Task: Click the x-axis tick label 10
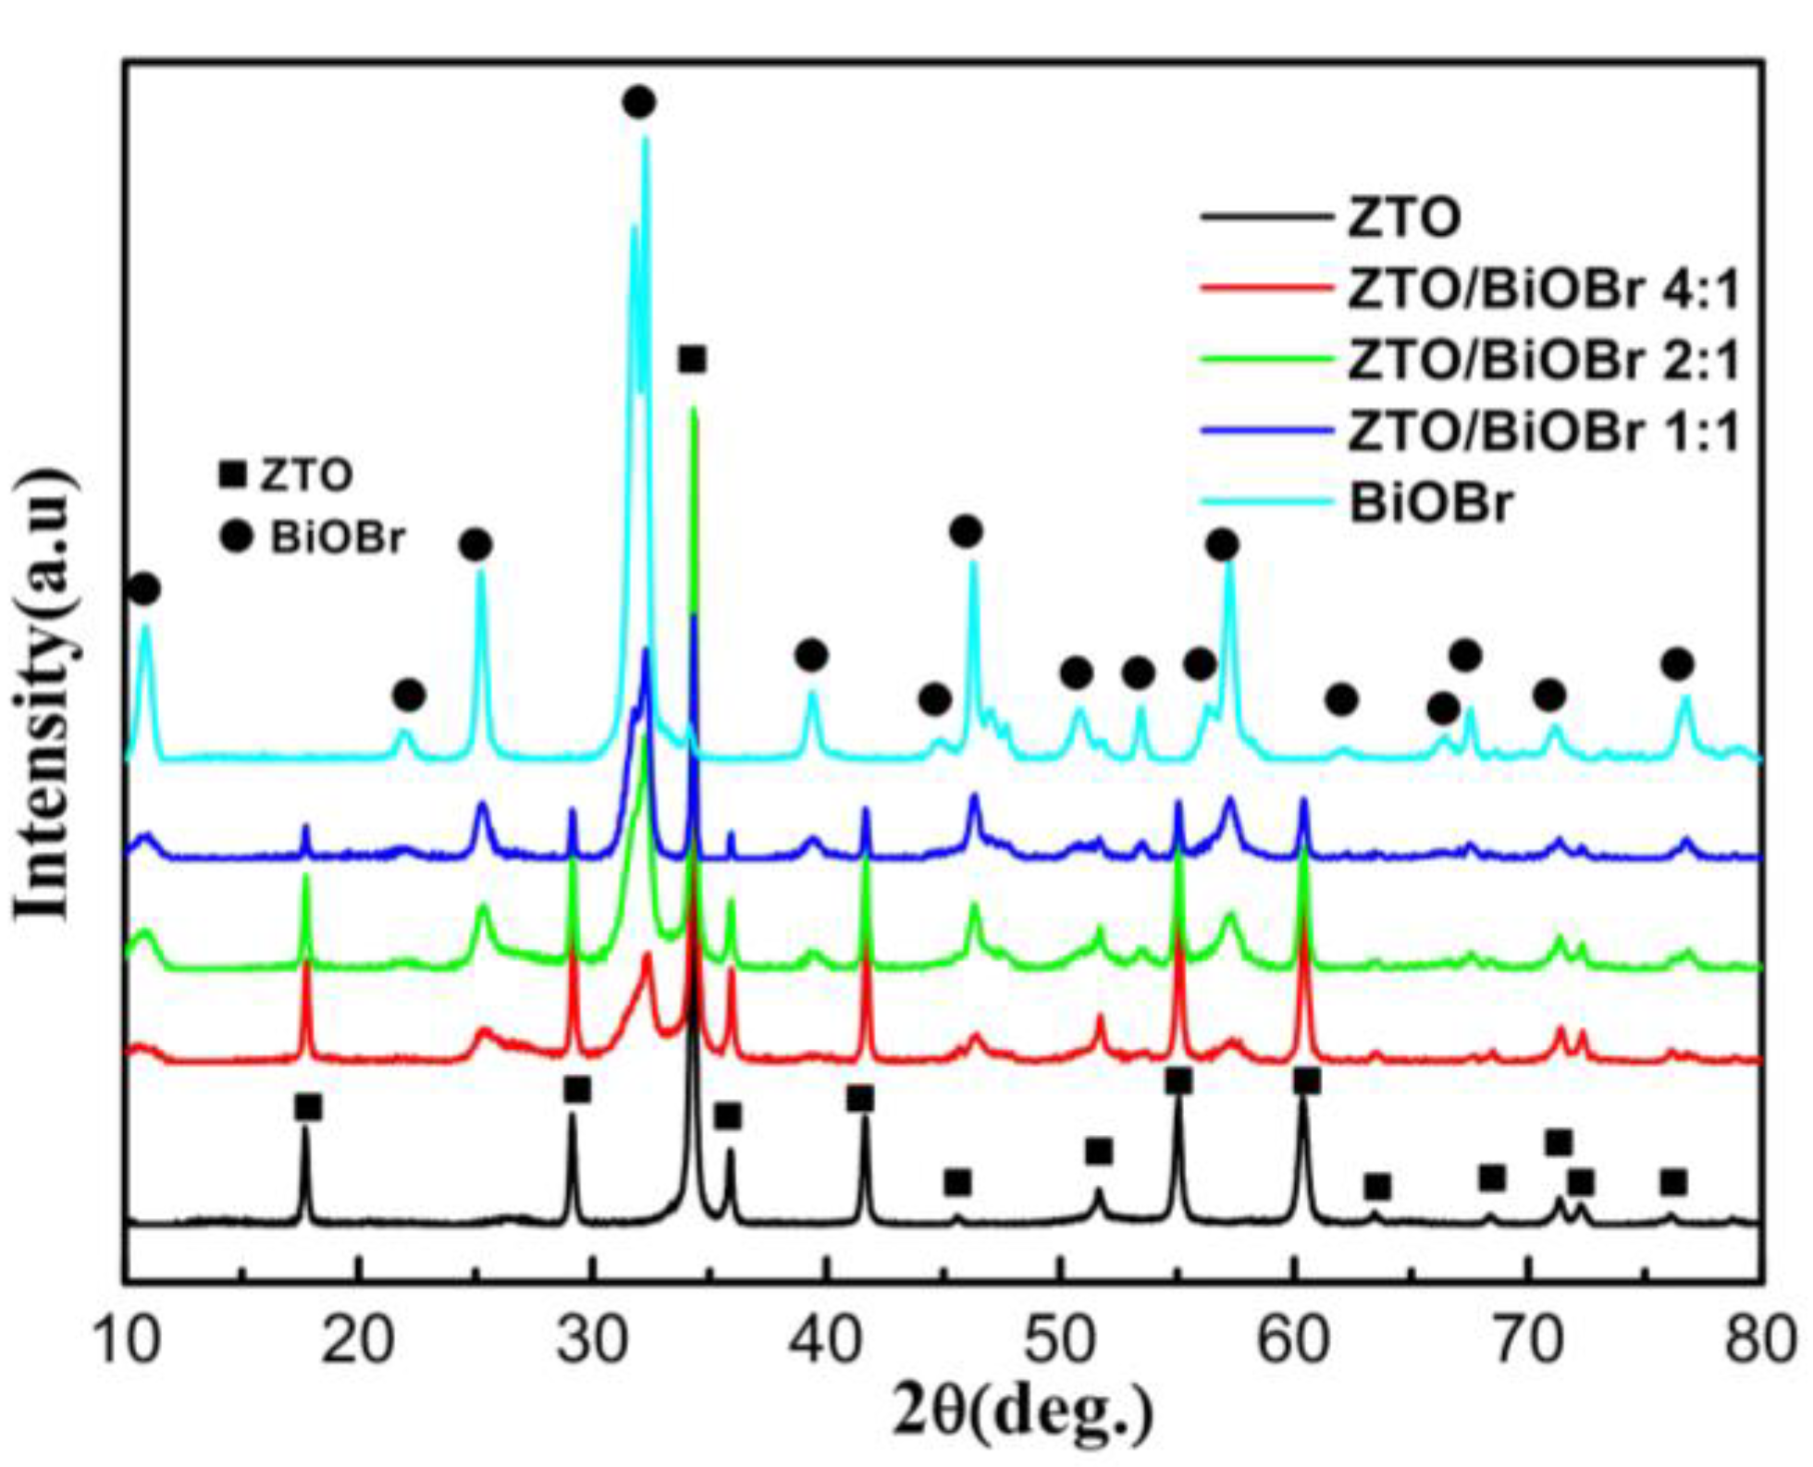coord(127,1340)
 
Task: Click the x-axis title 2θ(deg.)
coord(1023,1413)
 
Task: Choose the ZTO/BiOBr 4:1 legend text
coord(1544,289)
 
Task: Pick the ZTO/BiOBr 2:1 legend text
coord(1544,360)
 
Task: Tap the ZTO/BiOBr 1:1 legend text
coord(1544,431)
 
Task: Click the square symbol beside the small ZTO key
coord(232,475)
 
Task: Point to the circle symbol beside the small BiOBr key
coord(237,536)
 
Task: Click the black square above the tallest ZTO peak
coord(692,359)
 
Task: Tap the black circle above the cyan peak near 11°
coord(143,588)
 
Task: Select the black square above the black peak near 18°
coord(308,1106)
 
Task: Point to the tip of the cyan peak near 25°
coord(480,572)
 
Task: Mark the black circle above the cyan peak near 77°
coord(1677,664)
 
